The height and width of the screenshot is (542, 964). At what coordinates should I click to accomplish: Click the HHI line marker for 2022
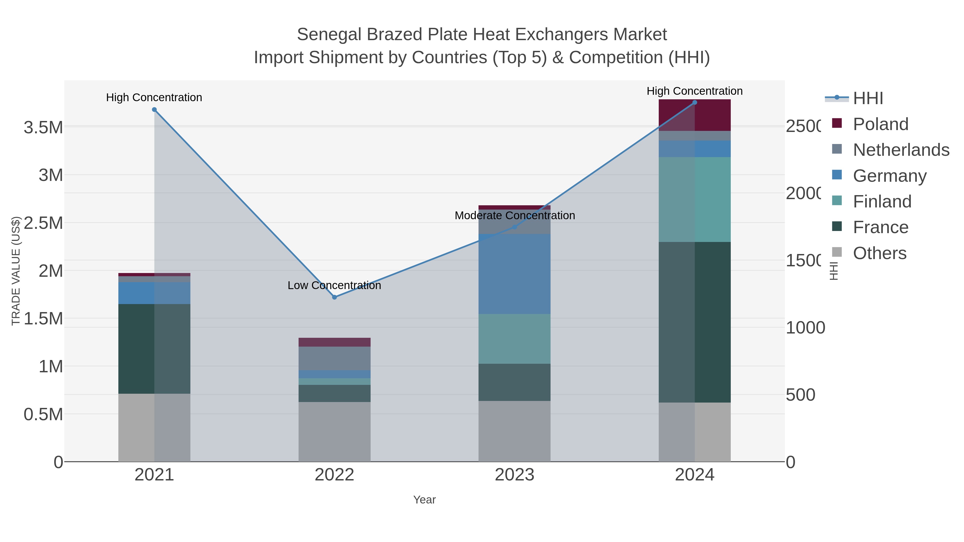click(x=334, y=297)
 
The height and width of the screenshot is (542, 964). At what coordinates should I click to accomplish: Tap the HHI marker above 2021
click(x=154, y=109)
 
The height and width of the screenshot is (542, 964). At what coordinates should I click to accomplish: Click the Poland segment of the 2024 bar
click(x=695, y=115)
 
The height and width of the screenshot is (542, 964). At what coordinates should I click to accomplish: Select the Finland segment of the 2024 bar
click(x=695, y=199)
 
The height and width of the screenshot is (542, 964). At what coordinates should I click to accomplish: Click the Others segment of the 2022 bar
click(x=334, y=432)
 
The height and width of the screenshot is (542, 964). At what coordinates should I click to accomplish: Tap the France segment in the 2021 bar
click(x=154, y=348)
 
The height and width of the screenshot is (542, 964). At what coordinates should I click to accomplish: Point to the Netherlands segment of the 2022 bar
click(x=334, y=358)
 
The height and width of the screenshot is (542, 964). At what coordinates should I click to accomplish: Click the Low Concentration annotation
click(x=334, y=285)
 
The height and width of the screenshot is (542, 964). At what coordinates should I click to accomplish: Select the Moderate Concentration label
click(x=515, y=215)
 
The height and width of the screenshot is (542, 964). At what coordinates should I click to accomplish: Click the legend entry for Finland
click(x=882, y=202)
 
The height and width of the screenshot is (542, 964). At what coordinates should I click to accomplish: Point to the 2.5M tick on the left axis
click(x=43, y=223)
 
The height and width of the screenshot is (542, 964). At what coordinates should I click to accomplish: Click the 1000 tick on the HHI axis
click(x=805, y=328)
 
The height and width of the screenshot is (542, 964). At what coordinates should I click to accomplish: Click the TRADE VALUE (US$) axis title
click(x=16, y=271)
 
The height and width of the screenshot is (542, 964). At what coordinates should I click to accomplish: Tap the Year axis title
click(x=424, y=500)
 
